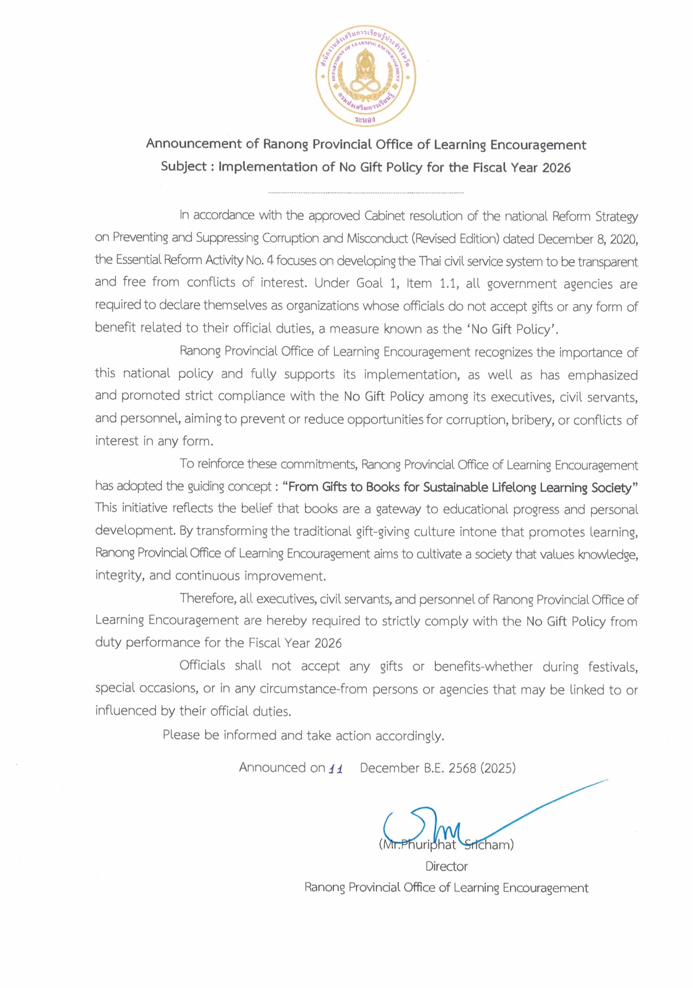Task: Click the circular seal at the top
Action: coord(365,75)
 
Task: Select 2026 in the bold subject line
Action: coord(556,168)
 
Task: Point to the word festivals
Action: coord(612,667)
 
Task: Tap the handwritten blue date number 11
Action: coord(335,769)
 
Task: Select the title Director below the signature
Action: coord(446,866)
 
